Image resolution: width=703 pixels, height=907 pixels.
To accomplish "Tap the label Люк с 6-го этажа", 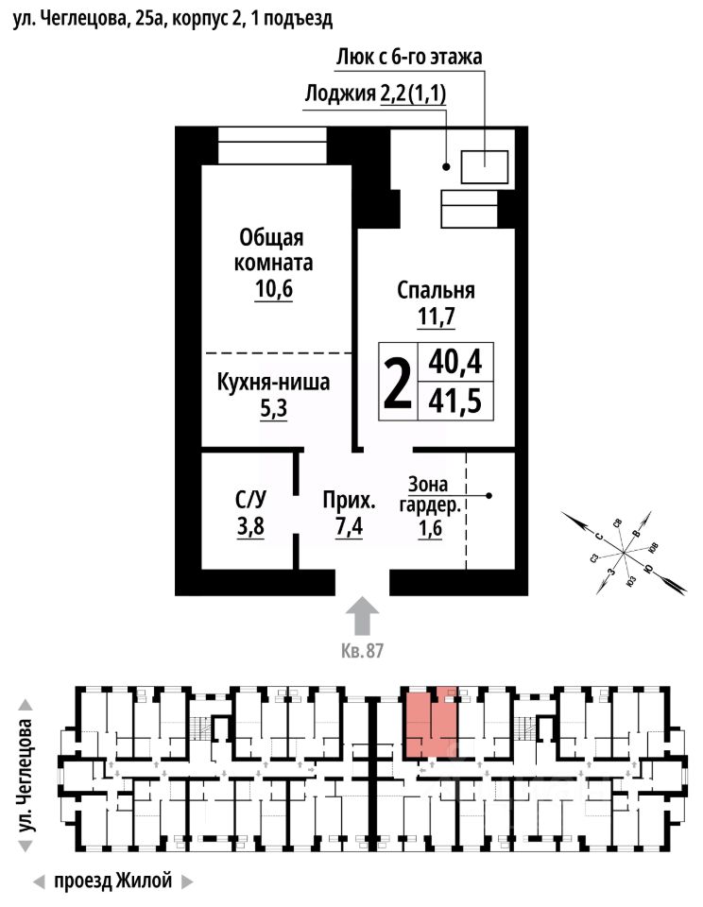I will point(409,57).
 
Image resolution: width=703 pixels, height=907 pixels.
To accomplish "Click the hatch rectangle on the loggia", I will point(485,167).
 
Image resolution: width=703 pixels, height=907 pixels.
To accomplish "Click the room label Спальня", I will point(436,290).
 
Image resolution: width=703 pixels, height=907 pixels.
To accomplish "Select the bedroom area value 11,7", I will point(436,317).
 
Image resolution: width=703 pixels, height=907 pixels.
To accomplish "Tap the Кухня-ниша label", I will point(273,384).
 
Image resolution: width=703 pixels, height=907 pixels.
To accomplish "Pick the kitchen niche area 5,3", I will point(273,411).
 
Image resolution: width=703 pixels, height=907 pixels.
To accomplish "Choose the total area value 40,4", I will point(454,362).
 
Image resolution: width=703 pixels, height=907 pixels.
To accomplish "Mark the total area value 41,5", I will point(454,402).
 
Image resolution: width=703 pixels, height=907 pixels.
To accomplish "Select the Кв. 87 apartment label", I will point(362,652).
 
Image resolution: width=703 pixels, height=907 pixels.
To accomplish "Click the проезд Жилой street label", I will point(113,881).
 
